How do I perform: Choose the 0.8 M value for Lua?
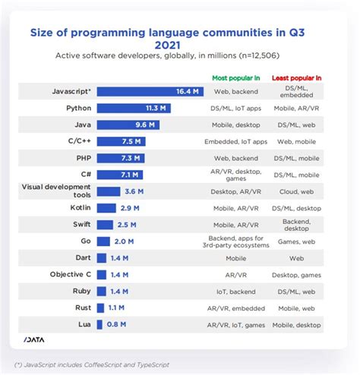click(x=117, y=324)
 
